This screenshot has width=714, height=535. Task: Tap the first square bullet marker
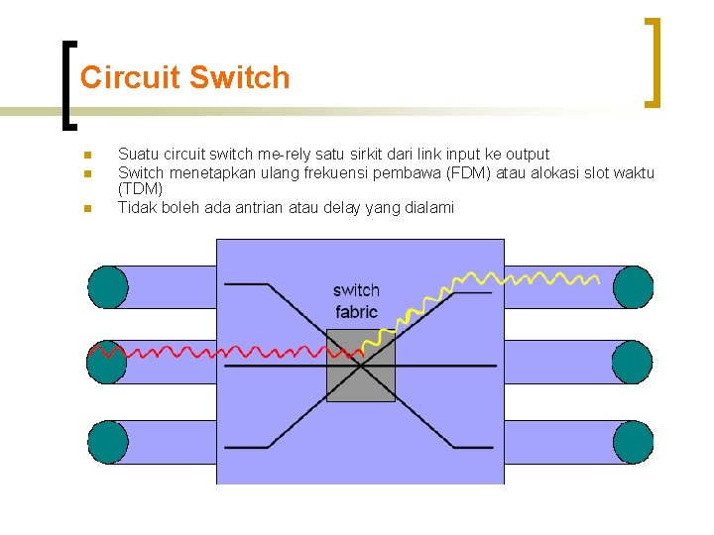pos(87,155)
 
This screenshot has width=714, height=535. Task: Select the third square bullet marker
pos(87,208)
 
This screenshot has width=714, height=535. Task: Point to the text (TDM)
pos(140,188)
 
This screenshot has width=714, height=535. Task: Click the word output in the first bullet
pos(527,154)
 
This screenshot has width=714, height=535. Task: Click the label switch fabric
pos(356,301)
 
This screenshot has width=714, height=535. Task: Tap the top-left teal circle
pos(107,287)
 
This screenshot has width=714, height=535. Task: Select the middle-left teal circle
pos(107,363)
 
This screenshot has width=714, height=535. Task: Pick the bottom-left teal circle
pos(107,442)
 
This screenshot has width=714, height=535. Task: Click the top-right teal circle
pos(633,287)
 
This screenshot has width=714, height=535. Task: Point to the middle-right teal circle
pos(633,363)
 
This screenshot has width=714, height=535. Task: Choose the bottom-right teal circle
pos(633,442)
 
